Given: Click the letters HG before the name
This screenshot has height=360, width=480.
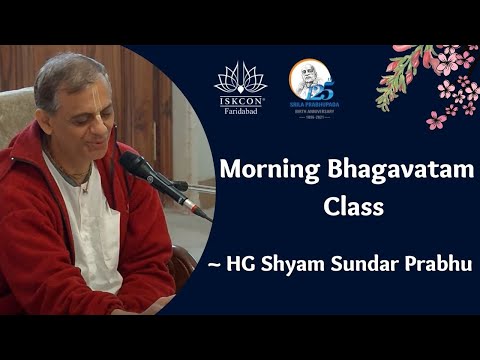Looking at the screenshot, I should pyautogui.click(x=266, y=263).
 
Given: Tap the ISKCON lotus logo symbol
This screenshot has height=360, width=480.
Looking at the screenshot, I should pyautogui.click(x=240, y=78).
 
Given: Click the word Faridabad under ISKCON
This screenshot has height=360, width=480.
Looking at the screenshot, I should pyautogui.click(x=240, y=110).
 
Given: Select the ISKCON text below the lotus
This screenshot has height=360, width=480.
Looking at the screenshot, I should pyautogui.click(x=240, y=100).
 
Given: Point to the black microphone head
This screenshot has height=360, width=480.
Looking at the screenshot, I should pyautogui.click(x=134, y=164).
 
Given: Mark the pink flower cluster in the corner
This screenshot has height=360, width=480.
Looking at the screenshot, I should pyautogui.click(x=440, y=85).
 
